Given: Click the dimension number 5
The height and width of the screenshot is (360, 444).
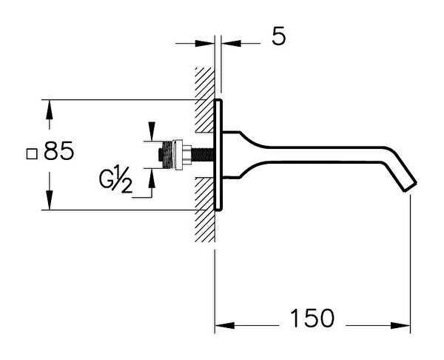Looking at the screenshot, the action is click(x=279, y=37).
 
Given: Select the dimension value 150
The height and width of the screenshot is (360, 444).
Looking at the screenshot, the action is click(x=312, y=318).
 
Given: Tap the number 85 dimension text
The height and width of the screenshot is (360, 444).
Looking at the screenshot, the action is click(x=59, y=151).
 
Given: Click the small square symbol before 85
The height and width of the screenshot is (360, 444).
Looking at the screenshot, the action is click(x=32, y=154).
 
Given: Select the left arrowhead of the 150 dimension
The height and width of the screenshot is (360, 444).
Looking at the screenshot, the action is click(x=225, y=325).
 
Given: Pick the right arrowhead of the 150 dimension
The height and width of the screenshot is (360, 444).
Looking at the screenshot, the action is click(x=400, y=325).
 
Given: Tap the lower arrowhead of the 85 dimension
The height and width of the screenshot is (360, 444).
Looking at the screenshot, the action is click(x=50, y=200).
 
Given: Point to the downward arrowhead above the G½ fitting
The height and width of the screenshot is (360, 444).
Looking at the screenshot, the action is click(x=152, y=131).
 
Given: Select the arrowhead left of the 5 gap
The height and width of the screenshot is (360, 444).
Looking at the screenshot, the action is click(x=205, y=44).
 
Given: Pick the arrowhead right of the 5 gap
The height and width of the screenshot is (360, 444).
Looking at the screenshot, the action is click(x=231, y=44).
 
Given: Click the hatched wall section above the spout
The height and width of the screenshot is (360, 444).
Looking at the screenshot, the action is click(x=204, y=100).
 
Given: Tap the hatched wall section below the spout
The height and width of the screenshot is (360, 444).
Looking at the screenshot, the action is click(x=204, y=210).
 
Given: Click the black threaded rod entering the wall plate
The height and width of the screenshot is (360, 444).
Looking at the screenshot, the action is click(x=202, y=155).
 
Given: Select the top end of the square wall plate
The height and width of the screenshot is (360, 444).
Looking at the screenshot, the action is click(x=218, y=100).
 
